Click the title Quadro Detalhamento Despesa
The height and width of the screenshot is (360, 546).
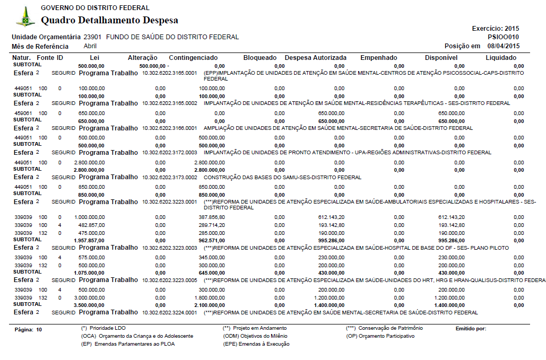109,21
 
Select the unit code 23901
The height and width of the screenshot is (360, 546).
93,37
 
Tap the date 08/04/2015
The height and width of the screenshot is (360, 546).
503,46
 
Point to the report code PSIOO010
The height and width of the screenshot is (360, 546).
503,37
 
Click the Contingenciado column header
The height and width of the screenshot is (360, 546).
193,57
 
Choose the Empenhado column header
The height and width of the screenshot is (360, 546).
378,57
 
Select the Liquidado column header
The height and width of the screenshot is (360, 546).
500,57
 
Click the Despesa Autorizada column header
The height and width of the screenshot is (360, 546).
316,57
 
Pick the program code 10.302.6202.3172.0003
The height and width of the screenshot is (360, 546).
170,153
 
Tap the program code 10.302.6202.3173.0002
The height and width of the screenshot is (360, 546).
170,177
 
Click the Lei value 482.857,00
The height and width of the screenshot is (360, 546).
91,225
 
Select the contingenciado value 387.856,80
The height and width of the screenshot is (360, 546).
212,217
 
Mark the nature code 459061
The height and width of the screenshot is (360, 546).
23,113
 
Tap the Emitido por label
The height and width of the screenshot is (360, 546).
471,329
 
